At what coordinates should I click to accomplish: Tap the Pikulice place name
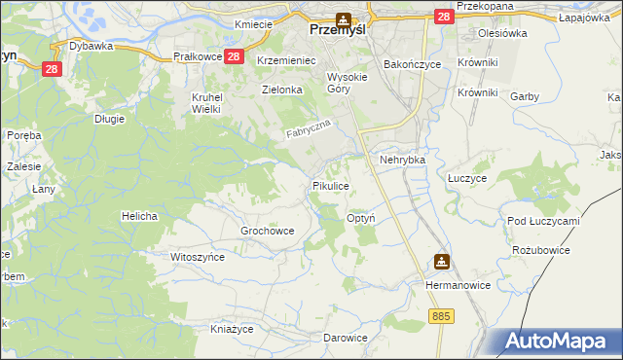pos(330,185)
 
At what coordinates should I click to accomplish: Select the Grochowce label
pos(267,231)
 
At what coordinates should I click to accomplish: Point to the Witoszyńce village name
pos(198,257)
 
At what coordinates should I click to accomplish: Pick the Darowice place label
pos(346,338)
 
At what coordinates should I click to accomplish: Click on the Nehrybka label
pos(403,159)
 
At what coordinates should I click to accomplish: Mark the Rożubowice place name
pos(540,250)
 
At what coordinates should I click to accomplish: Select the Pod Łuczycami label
pos(543,221)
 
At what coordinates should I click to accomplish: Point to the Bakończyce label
pos(413,64)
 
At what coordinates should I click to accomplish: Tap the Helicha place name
pos(139,215)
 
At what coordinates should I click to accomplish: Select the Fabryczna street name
pos(310,129)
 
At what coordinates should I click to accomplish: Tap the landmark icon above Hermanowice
pos(441,261)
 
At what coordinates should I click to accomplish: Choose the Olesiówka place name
pos(502,33)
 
